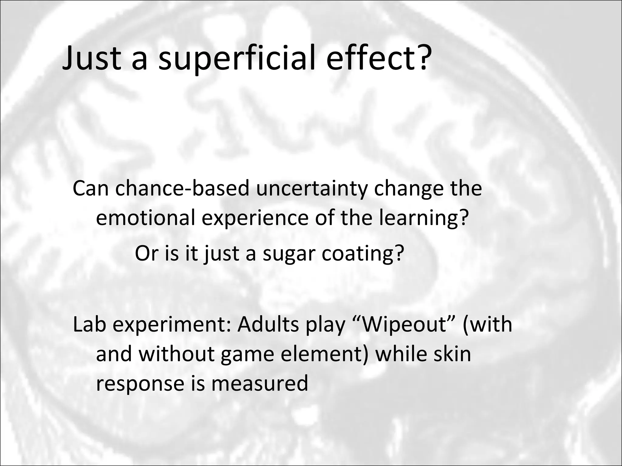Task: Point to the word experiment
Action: click(x=171, y=326)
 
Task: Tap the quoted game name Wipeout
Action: click(x=404, y=325)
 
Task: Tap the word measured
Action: click(x=259, y=383)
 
